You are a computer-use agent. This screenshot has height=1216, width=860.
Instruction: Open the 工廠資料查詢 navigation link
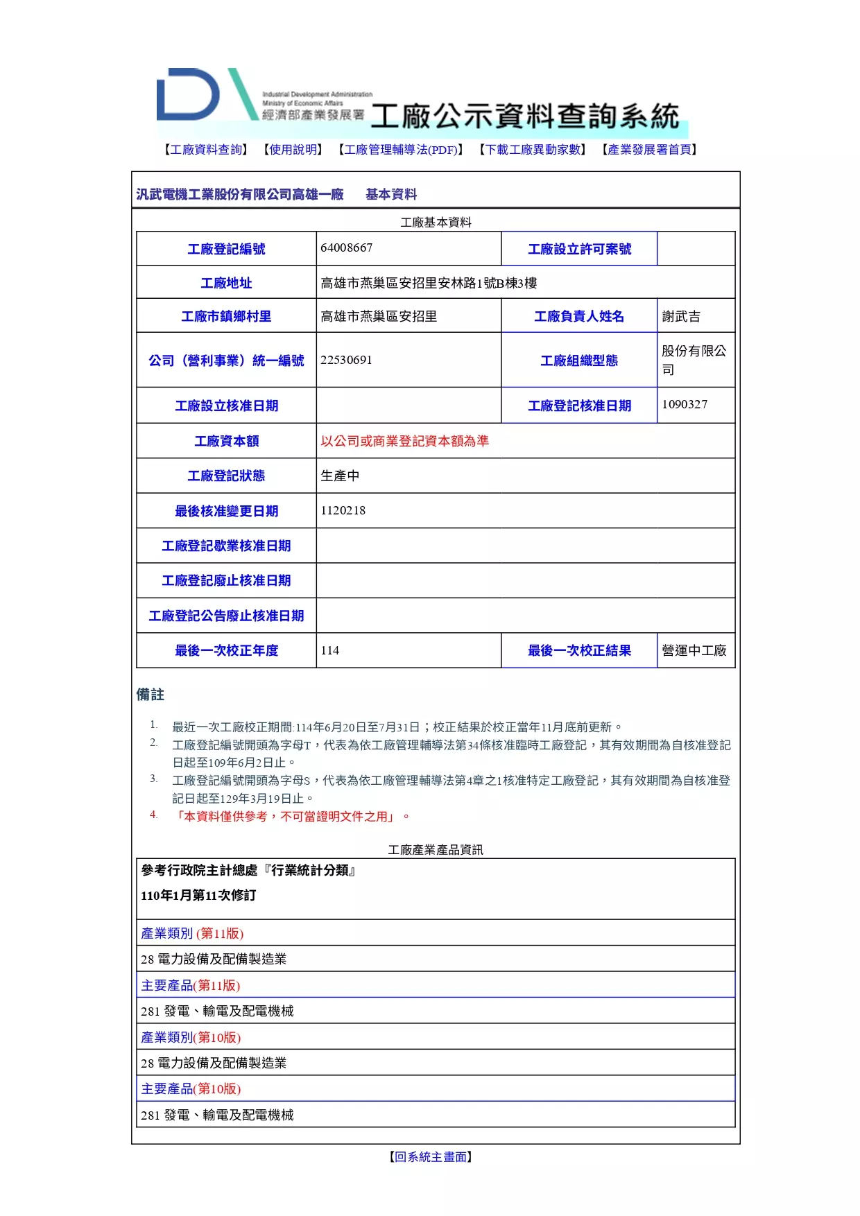(207, 150)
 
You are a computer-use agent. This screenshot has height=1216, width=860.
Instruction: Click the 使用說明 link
(293, 150)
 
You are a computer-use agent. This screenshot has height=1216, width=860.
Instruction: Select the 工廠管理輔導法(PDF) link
(400, 150)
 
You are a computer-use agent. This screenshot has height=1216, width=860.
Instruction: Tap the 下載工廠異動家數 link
(533, 150)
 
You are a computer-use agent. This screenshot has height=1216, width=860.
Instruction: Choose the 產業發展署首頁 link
(649, 150)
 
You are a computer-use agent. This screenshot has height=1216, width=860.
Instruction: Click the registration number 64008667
(347, 248)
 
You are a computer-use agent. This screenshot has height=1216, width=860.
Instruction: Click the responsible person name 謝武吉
(681, 317)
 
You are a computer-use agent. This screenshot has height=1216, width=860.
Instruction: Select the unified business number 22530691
(347, 360)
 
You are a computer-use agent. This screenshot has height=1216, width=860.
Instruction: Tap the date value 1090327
(685, 404)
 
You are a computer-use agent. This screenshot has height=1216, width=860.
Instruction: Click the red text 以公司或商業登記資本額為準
(404, 441)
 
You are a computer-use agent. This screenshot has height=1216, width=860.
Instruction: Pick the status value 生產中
(340, 476)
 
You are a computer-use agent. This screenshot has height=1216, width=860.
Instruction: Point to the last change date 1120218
(343, 511)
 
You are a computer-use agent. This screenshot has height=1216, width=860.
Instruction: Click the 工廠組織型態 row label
(579, 361)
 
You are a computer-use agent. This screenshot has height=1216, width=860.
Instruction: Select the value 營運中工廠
(694, 650)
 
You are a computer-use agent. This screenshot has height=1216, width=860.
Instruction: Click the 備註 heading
(150, 695)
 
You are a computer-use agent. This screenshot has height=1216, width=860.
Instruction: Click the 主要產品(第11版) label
(191, 985)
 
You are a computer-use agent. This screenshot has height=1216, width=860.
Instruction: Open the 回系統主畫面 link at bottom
(431, 1156)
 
